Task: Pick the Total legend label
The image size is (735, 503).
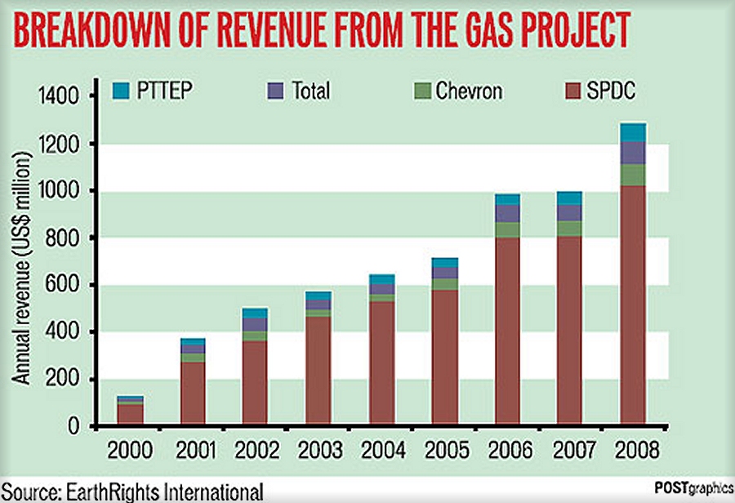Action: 310,90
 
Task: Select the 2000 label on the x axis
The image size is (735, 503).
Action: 129,451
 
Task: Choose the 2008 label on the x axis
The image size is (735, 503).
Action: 634,451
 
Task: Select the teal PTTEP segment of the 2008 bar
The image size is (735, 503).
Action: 633,132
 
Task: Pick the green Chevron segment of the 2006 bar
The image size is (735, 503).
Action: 507,229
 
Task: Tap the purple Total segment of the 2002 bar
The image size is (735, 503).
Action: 255,324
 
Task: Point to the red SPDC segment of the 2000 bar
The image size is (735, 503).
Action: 129,415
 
